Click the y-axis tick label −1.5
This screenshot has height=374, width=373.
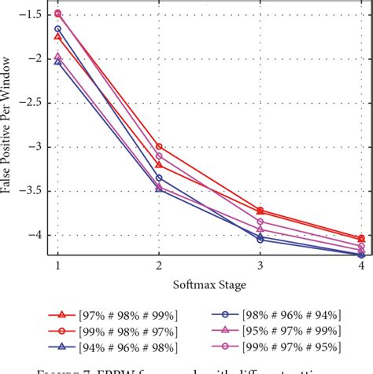point(33,14)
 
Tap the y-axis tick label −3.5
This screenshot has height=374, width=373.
point(33,191)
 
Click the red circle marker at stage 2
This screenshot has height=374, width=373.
point(159,146)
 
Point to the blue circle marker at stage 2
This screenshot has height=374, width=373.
point(159,178)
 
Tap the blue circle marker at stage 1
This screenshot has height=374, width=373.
point(57,29)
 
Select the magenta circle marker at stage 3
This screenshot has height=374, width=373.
point(260,222)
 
